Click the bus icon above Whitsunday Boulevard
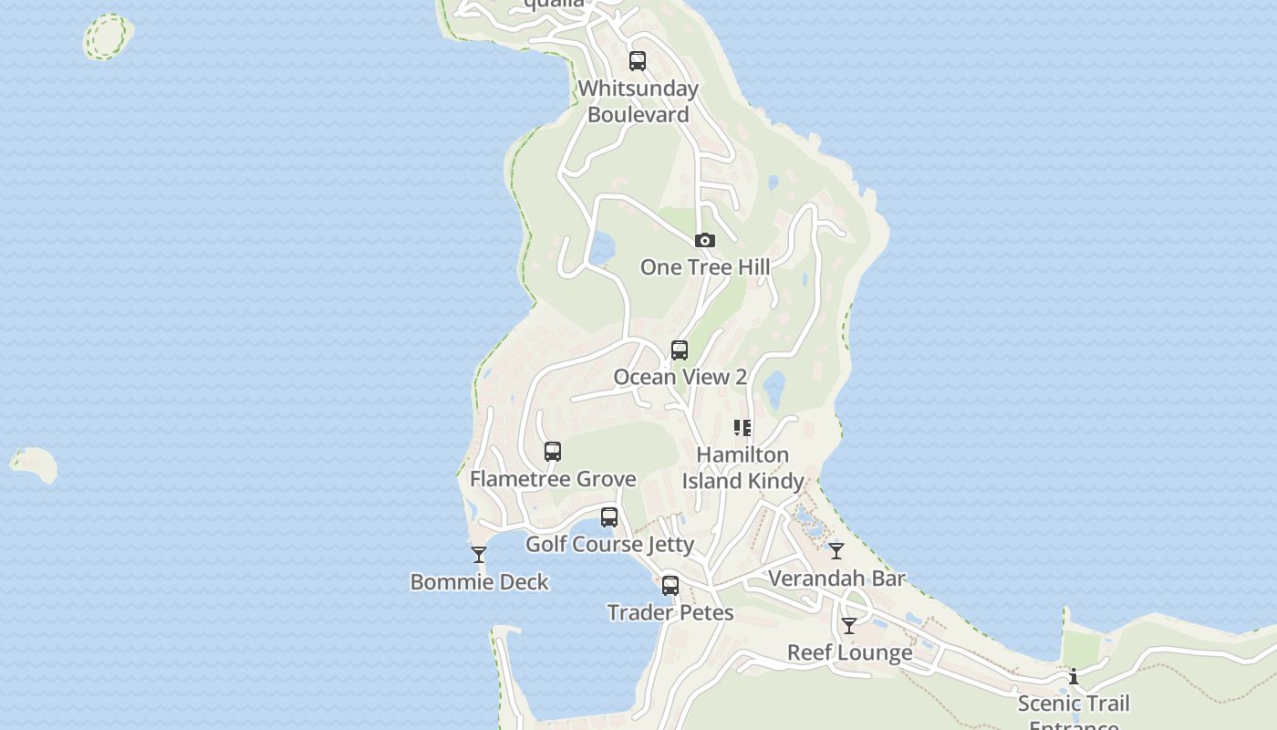[638, 61]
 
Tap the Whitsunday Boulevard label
[638, 101]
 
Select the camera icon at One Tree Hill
[704, 241]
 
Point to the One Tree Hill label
[704, 267]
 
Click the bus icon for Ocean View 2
[680, 350]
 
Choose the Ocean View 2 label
[680, 377]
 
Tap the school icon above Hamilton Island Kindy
[742, 427]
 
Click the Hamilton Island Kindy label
[742, 467]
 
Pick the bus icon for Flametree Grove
[553, 452]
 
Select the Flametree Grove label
[553, 479]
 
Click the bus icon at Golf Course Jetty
[609, 517]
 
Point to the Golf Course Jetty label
[609, 545]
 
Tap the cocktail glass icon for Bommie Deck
[479, 555]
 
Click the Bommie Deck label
[479, 582]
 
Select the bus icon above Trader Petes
[670, 586]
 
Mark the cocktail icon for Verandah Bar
[836, 551]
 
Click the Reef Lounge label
[849, 653]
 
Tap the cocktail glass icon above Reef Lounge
[849, 626]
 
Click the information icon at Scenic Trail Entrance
[1074, 677]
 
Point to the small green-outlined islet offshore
[108, 37]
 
